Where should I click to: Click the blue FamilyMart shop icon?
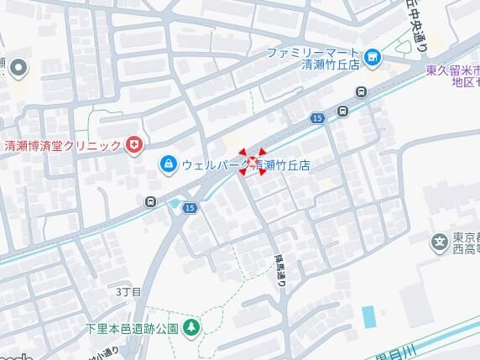(373, 58)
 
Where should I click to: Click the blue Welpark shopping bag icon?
(168, 162)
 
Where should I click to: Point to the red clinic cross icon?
(133, 146)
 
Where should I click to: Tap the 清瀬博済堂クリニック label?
(62, 146)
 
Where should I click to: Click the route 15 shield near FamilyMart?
(316, 119)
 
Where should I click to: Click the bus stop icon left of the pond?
(149, 201)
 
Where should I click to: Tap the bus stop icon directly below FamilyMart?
(361, 92)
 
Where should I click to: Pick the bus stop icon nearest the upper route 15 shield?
(342, 111)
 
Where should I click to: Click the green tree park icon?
(191, 326)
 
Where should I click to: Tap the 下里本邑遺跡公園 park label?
(132, 327)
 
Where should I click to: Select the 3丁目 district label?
(128, 291)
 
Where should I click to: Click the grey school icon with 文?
(438, 243)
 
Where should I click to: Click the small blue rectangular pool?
(368, 317)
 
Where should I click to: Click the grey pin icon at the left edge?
(18, 67)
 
